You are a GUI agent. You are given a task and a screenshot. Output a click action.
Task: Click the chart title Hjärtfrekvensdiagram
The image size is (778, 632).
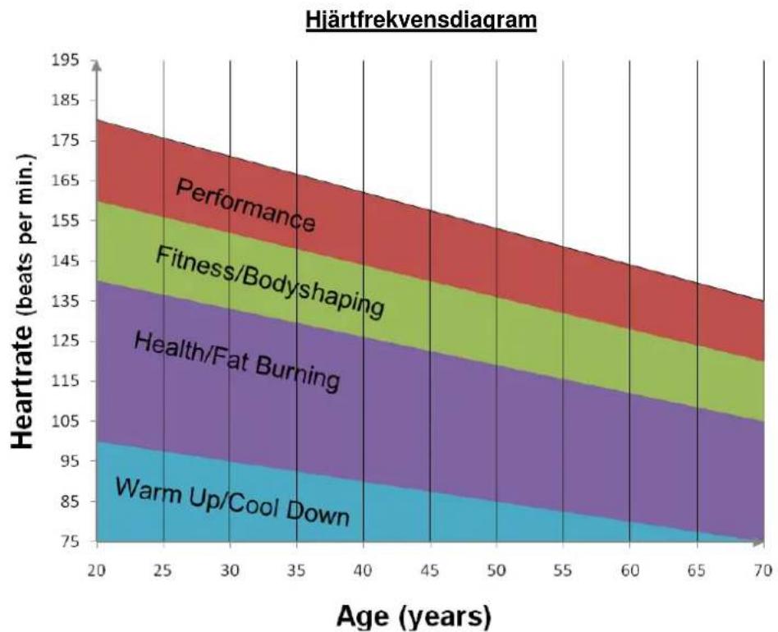tap(421, 21)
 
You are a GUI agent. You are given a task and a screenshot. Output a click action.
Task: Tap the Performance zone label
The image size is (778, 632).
tap(245, 205)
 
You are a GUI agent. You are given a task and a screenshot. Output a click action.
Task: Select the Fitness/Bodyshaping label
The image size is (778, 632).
tap(270, 282)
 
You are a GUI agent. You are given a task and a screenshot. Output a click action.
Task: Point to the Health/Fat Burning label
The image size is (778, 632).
tap(237, 361)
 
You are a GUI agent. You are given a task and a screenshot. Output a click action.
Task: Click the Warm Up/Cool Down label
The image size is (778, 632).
tap(233, 501)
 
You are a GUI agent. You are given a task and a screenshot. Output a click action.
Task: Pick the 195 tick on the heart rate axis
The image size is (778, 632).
tap(65, 60)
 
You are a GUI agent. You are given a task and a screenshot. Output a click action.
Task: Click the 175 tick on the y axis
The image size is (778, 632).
tap(65, 140)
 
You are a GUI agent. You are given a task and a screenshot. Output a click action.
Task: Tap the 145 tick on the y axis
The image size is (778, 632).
tap(65, 261)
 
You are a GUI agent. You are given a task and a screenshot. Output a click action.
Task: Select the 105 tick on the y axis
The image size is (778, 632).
tap(65, 421)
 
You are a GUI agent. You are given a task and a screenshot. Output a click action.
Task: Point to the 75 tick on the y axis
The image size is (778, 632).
tap(70, 541)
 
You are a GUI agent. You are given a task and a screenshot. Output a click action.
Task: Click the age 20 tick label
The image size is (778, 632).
tap(97, 571)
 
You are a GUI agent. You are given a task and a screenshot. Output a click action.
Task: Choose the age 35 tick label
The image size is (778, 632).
tap(297, 571)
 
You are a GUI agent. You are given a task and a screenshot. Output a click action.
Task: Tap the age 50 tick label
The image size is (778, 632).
tap(497, 571)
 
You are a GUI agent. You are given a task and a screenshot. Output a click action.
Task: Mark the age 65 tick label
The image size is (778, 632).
tap(697, 571)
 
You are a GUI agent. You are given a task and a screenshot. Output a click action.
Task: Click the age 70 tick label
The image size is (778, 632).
tap(763, 571)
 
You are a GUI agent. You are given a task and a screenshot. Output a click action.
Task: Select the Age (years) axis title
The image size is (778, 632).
tap(414, 617)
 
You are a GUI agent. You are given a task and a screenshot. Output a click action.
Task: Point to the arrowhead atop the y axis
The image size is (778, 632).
tap(97, 66)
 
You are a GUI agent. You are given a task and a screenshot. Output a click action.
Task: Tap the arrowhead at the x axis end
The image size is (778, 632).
tap(758, 543)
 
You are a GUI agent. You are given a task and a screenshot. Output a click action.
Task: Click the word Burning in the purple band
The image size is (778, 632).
tap(298, 373)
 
